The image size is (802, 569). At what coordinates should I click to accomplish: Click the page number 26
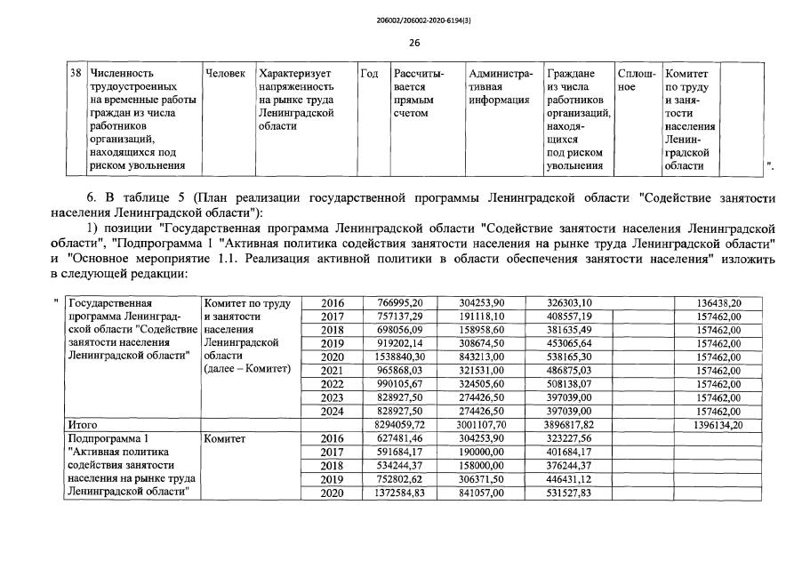point(414,43)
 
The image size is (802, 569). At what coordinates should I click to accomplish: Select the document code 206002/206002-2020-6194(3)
point(414,19)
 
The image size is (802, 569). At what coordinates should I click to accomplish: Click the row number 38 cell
point(76,73)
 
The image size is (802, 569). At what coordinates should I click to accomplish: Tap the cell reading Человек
point(225,73)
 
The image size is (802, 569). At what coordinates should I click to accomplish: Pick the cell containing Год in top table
point(370,73)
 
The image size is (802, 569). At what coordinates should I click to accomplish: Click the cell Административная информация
point(501,87)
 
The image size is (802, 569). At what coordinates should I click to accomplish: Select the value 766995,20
point(400,303)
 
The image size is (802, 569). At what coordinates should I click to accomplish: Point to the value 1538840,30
point(400,357)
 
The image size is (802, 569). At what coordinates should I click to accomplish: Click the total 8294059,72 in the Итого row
point(400,426)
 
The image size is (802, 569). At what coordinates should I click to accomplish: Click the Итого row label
point(83,426)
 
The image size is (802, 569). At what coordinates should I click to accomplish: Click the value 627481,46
point(400,439)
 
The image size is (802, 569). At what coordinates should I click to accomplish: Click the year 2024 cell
point(332,413)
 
